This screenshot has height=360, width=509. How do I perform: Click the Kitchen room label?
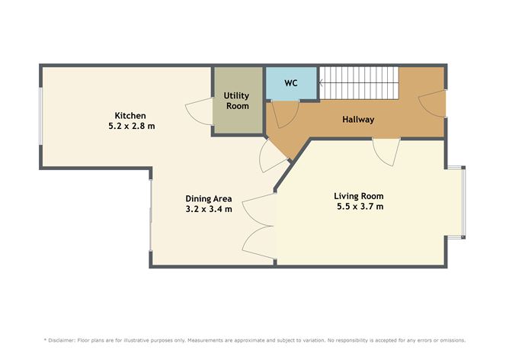(130, 115)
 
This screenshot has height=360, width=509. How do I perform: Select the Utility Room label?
(236, 101)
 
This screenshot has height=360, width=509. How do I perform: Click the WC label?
(290, 83)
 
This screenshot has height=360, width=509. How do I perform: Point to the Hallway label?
(358, 120)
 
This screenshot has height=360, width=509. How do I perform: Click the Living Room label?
(359, 195)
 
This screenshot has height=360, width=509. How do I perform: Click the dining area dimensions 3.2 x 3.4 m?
(208, 208)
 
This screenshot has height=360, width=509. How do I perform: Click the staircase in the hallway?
(357, 82)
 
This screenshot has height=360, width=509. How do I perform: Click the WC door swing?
(283, 114)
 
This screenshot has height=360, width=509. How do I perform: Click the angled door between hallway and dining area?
(271, 156)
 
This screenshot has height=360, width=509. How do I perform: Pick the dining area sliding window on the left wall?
(151, 215)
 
